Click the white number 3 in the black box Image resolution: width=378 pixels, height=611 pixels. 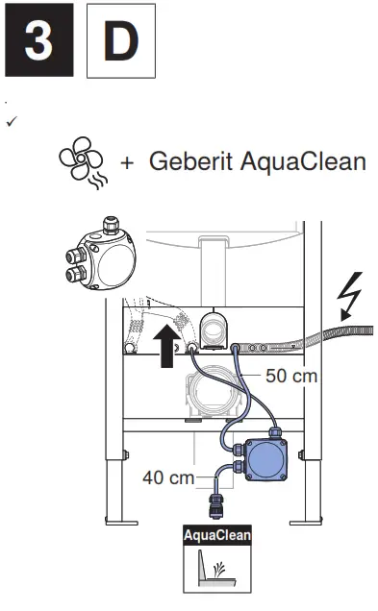(x=38, y=46)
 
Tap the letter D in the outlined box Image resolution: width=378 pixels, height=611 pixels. (x=121, y=46)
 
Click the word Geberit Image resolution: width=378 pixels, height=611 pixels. (x=188, y=160)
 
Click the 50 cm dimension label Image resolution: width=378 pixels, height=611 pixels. (x=290, y=376)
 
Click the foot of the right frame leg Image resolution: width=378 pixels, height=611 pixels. (x=314, y=524)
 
